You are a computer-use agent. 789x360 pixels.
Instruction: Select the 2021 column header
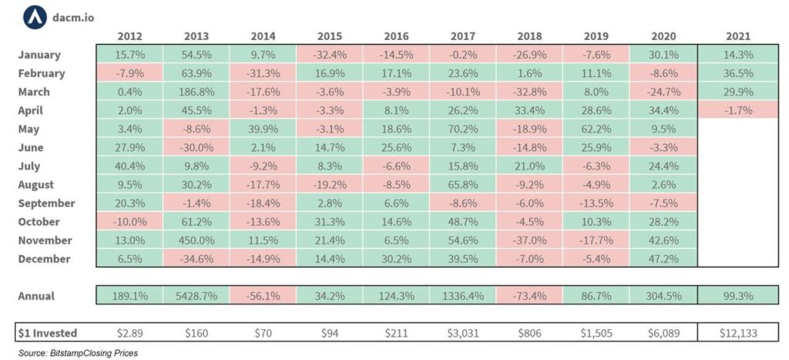click(x=737, y=36)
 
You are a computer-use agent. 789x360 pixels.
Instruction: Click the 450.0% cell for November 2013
click(x=196, y=241)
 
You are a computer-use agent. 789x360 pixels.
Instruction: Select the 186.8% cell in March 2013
click(x=196, y=92)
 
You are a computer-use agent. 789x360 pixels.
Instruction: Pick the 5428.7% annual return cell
click(x=196, y=296)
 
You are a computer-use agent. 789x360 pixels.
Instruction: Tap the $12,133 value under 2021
click(x=737, y=333)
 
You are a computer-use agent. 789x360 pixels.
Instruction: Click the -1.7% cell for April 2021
click(x=737, y=110)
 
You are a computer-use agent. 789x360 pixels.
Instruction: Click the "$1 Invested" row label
click(x=48, y=333)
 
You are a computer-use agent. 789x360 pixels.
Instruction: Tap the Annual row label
click(x=37, y=296)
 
